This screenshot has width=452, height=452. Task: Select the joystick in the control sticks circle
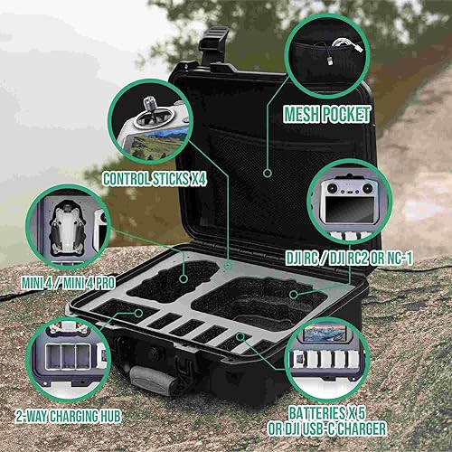point(146,115)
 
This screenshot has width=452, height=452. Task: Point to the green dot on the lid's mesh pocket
point(268,170)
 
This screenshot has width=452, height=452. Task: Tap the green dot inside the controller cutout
point(295,295)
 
